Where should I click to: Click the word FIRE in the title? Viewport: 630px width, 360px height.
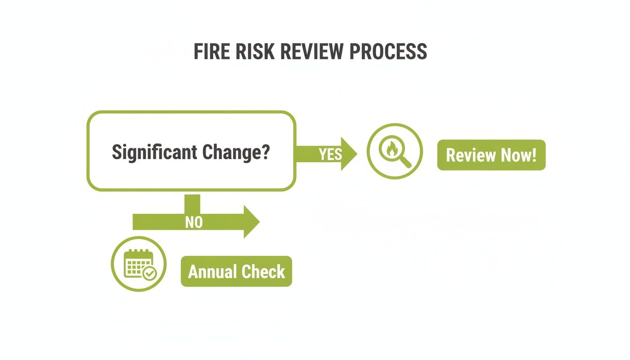coord(209,52)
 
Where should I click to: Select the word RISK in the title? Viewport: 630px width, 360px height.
coord(250,52)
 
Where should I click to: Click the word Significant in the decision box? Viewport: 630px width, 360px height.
coord(154,153)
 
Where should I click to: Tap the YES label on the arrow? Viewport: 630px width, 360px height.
coord(330,154)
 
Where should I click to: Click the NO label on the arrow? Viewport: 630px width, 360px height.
coord(194,222)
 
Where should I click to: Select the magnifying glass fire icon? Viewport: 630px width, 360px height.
coord(394,151)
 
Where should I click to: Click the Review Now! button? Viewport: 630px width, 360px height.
coord(491,155)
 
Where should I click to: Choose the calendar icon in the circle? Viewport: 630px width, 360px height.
coord(139,264)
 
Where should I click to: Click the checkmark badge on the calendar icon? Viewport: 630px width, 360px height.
coord(150,273)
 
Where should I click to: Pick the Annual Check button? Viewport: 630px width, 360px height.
coord(236,271)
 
